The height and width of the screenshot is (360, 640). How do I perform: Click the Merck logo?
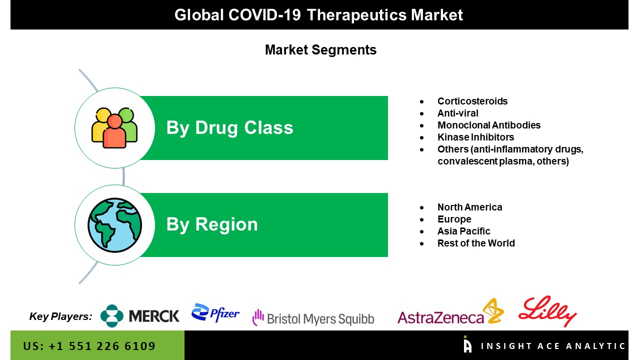[140, 315]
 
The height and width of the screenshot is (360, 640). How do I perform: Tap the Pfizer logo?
[215, 313]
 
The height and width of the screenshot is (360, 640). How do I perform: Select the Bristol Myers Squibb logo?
[313, 318]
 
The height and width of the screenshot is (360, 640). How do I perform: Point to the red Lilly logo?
[547, 311]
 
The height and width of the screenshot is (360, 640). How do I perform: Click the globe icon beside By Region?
[114, 225]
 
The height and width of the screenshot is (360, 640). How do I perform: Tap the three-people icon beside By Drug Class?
[114, 127]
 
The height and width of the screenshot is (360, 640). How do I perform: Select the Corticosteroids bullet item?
[472, 101]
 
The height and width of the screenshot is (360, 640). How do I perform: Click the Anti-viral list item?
[457, 113]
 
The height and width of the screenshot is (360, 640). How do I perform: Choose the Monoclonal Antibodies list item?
[489, 125]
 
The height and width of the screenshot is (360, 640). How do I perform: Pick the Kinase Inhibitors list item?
[475, 137]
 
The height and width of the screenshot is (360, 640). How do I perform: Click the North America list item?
[469, 207]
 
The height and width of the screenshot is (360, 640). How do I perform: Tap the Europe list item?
[454, 219]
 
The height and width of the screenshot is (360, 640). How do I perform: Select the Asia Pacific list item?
[463, 231]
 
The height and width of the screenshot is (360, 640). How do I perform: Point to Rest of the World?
[476, 243]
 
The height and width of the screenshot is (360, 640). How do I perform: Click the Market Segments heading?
[320, 49]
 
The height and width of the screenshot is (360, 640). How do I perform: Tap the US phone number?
[89, 346]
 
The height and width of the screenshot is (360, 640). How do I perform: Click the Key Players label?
[60, 316]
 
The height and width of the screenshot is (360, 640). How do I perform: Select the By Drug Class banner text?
[229, 127]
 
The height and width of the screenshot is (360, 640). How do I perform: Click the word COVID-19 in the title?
[264, 15]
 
